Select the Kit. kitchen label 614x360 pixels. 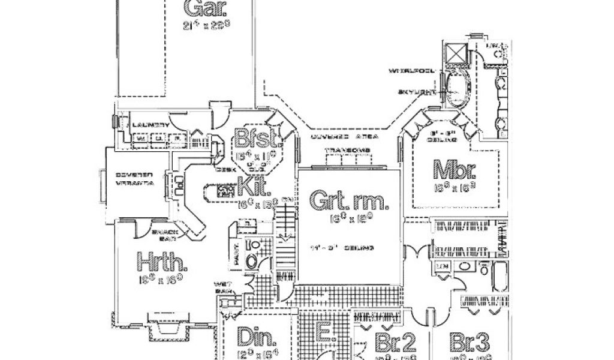(x=251, y=187)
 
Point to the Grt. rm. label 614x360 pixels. (x=348, y=200)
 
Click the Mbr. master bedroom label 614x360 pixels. (x=455, y=170)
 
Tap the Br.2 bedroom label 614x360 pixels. (x=395, y=343)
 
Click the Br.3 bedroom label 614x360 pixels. (x=470, y=343)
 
